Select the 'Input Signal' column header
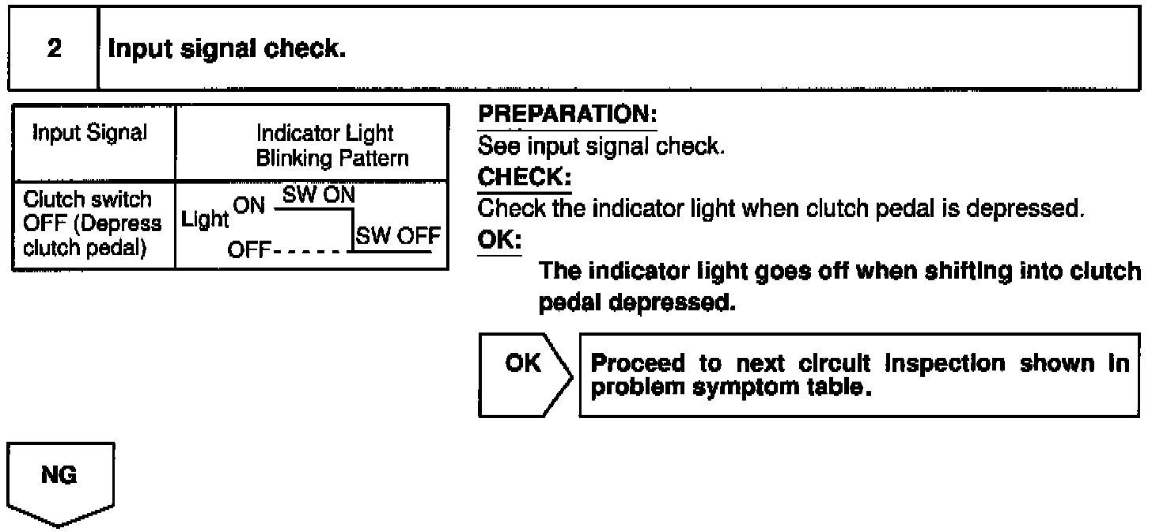point(89,133)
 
